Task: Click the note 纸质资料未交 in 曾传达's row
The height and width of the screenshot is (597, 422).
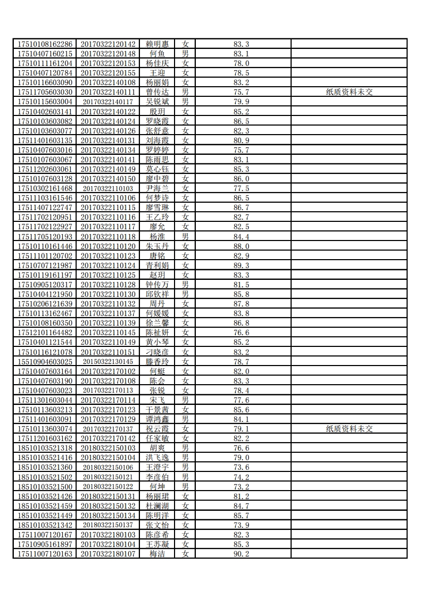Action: tap(349, 92)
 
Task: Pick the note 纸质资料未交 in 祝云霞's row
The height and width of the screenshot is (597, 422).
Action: tap(349, 429)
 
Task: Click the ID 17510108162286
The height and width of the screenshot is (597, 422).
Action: tap(45, 44)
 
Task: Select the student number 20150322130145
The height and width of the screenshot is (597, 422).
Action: tap(108, 361)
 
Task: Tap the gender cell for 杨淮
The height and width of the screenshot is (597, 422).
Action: tap(185, 236)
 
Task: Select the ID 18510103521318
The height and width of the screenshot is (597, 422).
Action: tap(45, 448)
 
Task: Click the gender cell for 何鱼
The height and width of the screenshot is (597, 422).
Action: tap(185, 54)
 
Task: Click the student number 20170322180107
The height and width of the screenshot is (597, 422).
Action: tap(108, 554)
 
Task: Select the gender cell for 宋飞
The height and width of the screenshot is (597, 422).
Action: tap(185, 400)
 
